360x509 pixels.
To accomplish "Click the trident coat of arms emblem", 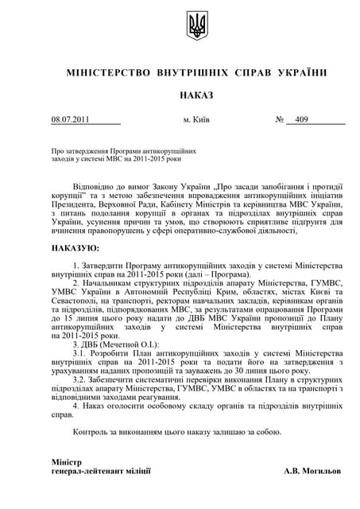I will point(196,27).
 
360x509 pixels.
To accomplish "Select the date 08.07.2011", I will point(71,120).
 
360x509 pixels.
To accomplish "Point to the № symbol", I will point(280,120).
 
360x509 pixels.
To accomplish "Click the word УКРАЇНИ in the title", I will point(302,73).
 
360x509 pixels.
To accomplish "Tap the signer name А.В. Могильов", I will point(314,471).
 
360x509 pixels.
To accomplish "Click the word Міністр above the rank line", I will point(66,461).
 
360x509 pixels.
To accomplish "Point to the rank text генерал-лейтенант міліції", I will point(100,471).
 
